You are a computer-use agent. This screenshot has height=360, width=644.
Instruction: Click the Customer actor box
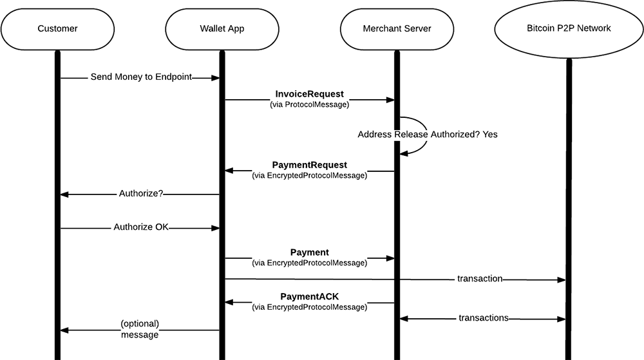click(x=57, y=28)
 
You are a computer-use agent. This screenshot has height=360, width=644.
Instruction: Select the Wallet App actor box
click(x=222, y=28)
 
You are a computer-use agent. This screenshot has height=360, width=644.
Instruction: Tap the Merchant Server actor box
click(x=397, y=28)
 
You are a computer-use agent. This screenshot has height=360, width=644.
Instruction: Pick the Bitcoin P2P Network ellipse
click(x=568, y=28)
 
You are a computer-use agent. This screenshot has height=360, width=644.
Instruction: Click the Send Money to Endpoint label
click(x=141, y=77)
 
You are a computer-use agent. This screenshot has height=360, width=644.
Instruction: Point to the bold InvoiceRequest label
click(x=309, y=94)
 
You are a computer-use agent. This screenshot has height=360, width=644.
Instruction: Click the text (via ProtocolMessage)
click(x=309, y=104)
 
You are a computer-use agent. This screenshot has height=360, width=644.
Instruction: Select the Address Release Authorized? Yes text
click(x=428, y=135)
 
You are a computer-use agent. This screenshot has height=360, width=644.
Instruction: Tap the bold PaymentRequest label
click(x=309, y=165)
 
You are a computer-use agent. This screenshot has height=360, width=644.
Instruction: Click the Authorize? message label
click(x=140, y=194)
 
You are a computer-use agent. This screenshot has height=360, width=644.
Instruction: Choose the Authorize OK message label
click(x=140, y=227)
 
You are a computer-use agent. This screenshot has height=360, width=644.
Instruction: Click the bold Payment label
click(x=309, y=252)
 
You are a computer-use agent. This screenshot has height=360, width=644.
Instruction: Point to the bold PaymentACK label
click(x=309, y=296)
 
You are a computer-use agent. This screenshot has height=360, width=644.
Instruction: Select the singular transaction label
click(x=480, y=279)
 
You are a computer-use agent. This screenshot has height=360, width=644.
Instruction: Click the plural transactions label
click(x=484, y=317)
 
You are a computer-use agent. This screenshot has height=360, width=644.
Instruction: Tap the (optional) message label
click(x=140, y=329)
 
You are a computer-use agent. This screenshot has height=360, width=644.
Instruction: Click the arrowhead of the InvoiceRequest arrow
click(x=390, y=100)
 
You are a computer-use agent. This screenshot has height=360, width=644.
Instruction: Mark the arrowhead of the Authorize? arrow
click(x=64, y=194)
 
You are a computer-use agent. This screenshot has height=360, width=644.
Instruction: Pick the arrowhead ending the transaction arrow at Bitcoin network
click(x=561, y=280)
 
